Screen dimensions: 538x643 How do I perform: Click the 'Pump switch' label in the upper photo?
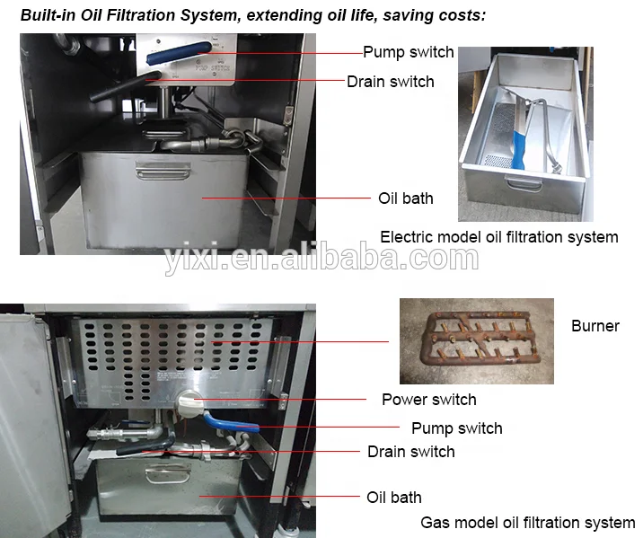pos(408,52)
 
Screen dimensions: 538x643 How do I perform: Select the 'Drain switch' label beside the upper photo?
pos(390,82)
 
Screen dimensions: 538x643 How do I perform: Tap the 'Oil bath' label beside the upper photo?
pos(405,198)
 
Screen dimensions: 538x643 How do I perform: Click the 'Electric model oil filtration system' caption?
pos(498,237)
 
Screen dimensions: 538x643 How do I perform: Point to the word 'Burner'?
pos(595,326)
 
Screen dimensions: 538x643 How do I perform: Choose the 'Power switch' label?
pos(428,400)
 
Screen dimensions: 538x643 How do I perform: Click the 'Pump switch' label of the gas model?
pos(456,428)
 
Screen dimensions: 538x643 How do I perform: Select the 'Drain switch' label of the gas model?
pos(410,452)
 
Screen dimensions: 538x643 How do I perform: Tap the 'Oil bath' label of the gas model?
pos(393,498)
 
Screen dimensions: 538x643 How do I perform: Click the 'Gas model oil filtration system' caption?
pos(527,523)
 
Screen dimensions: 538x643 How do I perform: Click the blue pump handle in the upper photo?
pos(179,53)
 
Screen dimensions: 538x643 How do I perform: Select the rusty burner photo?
pos(476,341)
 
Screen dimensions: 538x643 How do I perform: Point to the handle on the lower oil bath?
pos(163,471)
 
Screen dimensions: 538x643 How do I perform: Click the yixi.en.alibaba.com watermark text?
pos(321,260)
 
